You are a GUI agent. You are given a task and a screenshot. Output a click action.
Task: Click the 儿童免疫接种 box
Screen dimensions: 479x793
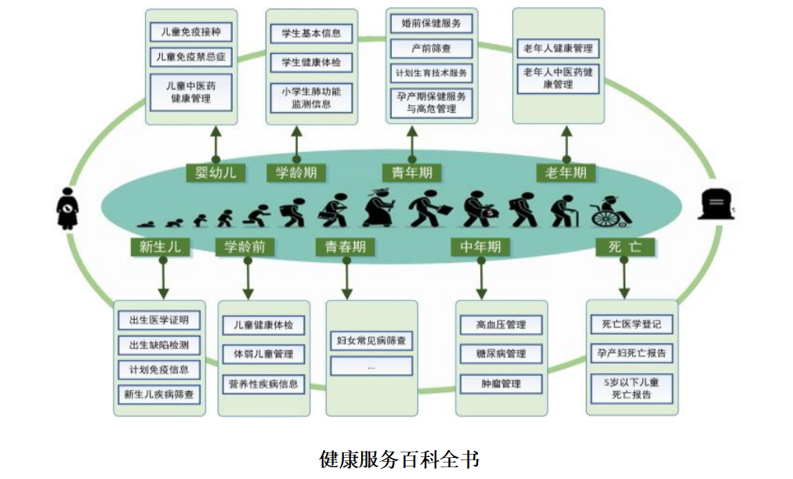190,32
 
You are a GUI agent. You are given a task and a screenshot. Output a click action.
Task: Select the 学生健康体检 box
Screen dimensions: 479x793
311,62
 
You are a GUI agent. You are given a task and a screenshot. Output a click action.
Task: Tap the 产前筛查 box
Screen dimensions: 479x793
432,49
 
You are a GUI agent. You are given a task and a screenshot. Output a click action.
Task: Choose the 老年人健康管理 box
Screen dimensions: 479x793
558,49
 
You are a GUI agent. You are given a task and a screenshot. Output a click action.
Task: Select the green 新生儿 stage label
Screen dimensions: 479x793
160,247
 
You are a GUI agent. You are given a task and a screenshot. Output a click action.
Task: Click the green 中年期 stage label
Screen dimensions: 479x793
480,247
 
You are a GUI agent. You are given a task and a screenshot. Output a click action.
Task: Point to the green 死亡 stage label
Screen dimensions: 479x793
625,247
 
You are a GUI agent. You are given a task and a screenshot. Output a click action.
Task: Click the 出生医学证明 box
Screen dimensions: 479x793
159,321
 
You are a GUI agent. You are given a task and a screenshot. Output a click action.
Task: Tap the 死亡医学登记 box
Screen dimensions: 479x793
631,324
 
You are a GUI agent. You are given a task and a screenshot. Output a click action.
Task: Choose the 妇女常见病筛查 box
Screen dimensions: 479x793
371,340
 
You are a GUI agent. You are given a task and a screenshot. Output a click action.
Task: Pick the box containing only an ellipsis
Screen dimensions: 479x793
371,366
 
